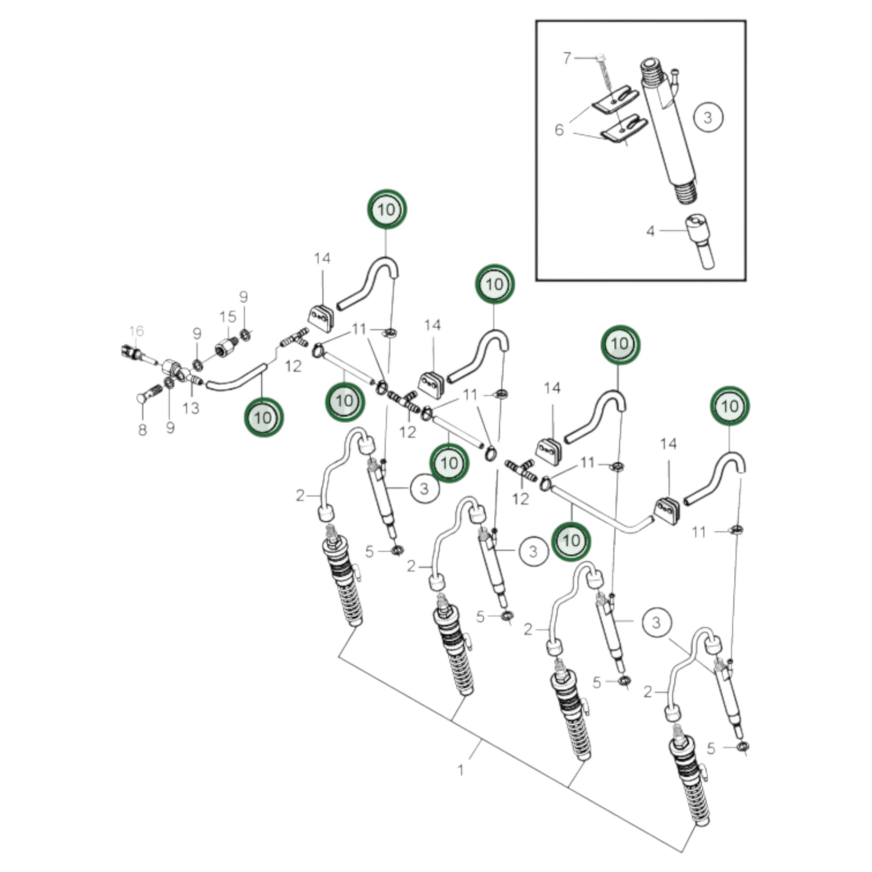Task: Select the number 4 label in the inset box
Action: coord(650,232)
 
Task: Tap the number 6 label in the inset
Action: coord(559,130)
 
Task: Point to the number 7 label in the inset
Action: coord(567,58)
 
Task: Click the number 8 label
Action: coord(142,430)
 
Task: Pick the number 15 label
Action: coord(228,317)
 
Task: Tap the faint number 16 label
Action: coord(136,331)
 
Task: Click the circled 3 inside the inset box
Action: coord(708,117)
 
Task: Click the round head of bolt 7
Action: coord(600,57)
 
